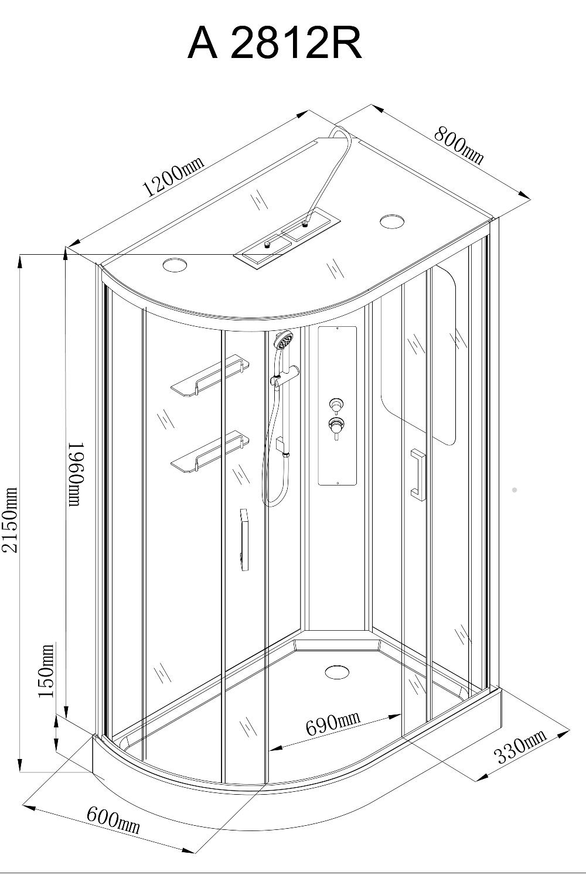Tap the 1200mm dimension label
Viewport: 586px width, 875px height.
coord(174,176)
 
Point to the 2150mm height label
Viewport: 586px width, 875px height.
coord(10,519)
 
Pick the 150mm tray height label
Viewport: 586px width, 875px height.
coord(46,671)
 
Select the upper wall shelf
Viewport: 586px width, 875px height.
coord(210,375)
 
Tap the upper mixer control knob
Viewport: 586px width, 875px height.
coord(336,405)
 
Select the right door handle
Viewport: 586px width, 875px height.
coord(417,474)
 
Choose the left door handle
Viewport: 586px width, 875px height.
coord(244,540)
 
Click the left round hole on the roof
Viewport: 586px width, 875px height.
coord(175,265)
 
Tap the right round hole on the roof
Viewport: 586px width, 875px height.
coord(392,221)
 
